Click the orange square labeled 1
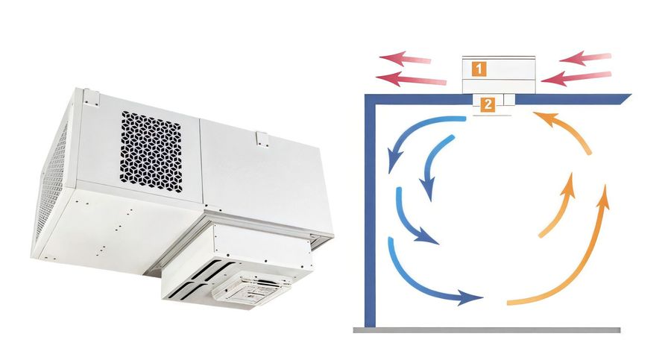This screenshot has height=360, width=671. (479, 69)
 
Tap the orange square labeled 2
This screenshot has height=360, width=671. (488, 104)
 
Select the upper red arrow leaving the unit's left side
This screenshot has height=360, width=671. (405, 58)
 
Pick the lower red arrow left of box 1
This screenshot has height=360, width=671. (411, 79)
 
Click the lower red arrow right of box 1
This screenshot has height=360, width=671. (576, 78)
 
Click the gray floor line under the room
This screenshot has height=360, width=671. (487, 330)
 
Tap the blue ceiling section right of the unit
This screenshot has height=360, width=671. (573, 99)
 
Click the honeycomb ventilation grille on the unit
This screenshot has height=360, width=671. (151, 151)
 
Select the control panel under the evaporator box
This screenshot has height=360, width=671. (252, 289)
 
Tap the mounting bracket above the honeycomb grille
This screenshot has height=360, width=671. (92, 97)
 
